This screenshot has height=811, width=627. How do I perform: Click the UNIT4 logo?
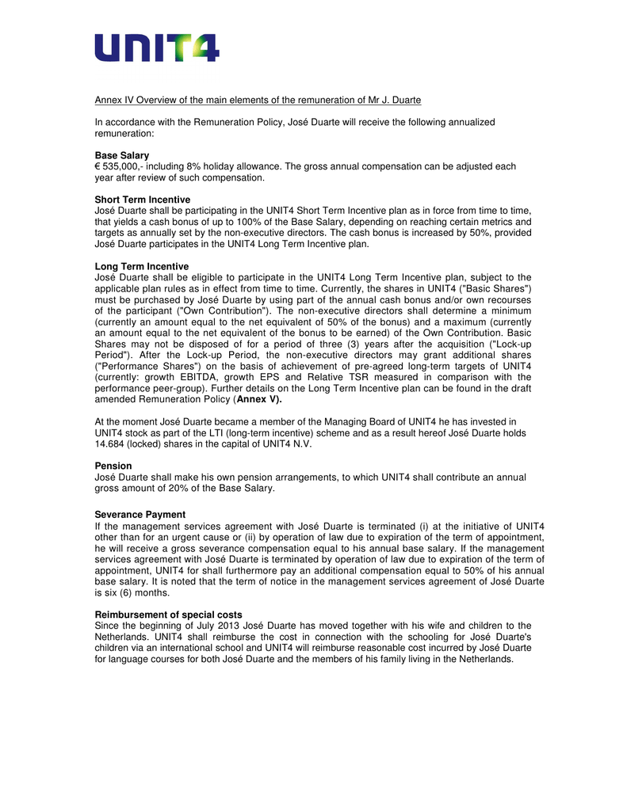pos(157,48)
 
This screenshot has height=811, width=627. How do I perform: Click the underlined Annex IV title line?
pos(258,100)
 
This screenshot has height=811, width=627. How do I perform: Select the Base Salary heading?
pos(122,155)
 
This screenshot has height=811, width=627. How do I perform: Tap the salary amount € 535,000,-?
pos(124,166)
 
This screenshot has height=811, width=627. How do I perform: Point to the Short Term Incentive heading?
pos(143,200)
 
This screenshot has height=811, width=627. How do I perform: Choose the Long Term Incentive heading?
pos(142,266)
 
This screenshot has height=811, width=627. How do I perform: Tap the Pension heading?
pos(113,466)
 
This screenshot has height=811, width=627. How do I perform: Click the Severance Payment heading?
pos(140,515)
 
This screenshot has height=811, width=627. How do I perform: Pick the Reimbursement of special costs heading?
pos(169,615)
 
